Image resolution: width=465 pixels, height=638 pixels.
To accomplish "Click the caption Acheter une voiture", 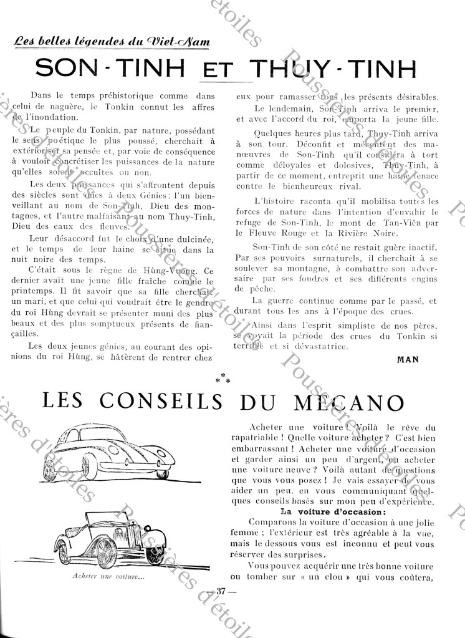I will tap(117, 576).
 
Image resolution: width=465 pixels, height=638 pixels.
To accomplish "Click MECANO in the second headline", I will tap(370, 402).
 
